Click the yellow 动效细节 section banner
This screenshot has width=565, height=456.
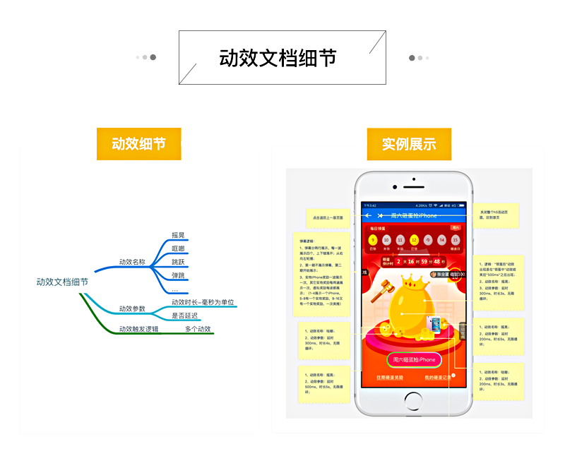tap(138, 144)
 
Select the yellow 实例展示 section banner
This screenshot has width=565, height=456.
tap(409, 144)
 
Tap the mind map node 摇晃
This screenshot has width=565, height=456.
tap(178, 235)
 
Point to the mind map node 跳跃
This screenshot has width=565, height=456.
tap(178, 262)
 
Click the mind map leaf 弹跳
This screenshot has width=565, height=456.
tap(178, 275)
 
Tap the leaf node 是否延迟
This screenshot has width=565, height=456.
tap(185, 316)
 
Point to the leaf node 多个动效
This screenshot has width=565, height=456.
tap(198, 329)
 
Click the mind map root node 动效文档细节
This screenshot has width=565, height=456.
tap(62, 282)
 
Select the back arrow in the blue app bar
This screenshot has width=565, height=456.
tap(368, 215)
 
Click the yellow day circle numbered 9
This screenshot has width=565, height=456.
tap(372, 240)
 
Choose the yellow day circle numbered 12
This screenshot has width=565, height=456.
tap(414, 240)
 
